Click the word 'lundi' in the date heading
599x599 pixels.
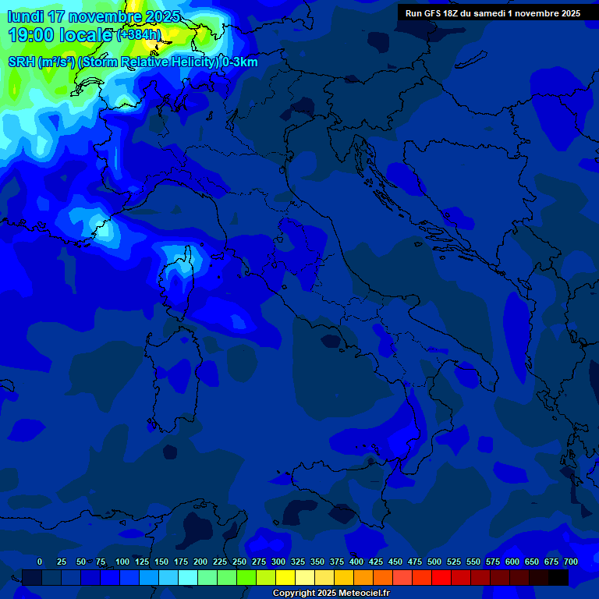(25, 16)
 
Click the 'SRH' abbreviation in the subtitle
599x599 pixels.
(22, 62)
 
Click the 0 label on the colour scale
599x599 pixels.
(40, 562)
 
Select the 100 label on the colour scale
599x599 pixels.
(122, 562)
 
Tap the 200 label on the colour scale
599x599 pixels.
(200, 562)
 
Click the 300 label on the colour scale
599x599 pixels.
(278, 562)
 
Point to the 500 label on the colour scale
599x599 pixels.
(434, 562)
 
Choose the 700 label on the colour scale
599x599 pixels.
(571, 562)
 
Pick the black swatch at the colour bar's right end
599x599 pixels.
(558, 578)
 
